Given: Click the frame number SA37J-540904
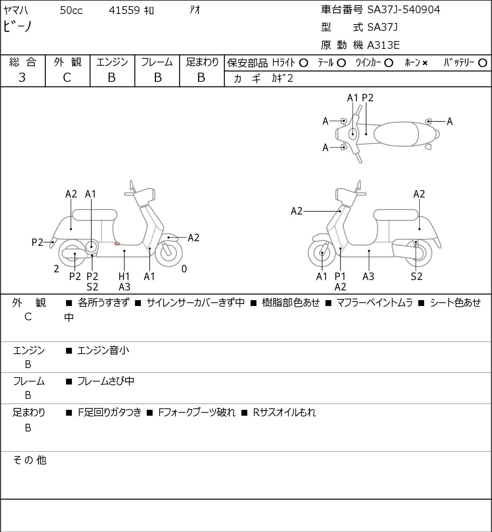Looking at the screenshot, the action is tap(404, 10).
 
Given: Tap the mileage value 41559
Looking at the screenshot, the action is tap(124, 10).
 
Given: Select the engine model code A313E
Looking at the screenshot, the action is tap(383, 45).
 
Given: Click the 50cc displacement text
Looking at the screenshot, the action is tap(71, 10).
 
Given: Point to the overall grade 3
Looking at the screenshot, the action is tap(22, 77).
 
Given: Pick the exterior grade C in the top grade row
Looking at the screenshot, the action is tap(67, 78).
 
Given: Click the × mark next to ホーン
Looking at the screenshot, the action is tap(425, 63).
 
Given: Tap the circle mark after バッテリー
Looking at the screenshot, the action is tap(482, 63).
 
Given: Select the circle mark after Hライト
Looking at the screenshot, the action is tap(303, 63).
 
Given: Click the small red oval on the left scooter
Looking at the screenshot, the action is tap(117, 244).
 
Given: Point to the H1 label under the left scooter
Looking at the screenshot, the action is tap(124, 276).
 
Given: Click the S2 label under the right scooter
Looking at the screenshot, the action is tap(416, 276).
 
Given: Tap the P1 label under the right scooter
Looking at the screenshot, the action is tap(340, 276).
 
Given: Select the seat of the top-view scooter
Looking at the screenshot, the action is tap(396, 134).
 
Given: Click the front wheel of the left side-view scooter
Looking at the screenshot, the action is tap(168, 253).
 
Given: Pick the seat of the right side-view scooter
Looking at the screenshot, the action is tap(396, 215).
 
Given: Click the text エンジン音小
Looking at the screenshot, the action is tap(103, 350).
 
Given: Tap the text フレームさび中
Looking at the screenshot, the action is tap(106, 381).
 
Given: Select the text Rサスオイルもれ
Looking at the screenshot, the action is tap(284, 412).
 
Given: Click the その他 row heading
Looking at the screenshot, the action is tap(30, 460).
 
